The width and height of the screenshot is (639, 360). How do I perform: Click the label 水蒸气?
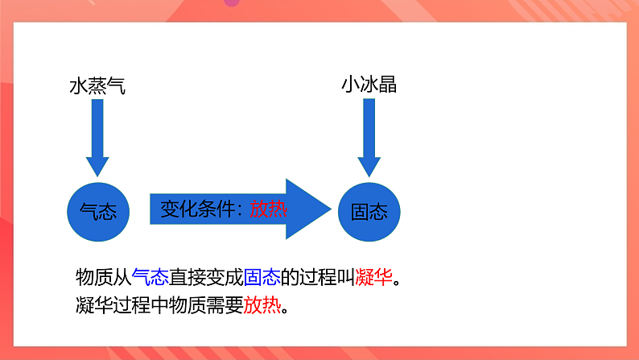(97, 85)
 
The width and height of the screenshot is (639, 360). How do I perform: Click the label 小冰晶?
(369, 85)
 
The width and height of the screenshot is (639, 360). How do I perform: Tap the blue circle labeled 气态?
(97, 211)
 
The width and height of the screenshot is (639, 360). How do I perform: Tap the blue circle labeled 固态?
(369, 211)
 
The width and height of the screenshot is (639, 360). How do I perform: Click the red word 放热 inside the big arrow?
(268, 209)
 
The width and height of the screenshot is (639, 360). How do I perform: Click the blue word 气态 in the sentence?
(150, 277)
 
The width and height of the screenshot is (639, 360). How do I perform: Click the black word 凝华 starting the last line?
(92, 306)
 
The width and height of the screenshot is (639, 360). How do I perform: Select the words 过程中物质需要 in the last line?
(177, 306)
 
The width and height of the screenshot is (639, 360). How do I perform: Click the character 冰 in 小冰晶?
(369, 85)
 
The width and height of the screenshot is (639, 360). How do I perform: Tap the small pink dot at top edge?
(232, 2)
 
